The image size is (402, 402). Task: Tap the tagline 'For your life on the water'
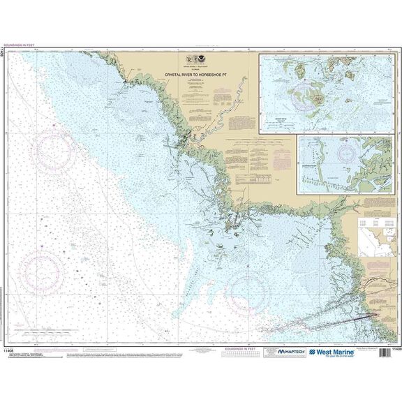click(x=343, y=358)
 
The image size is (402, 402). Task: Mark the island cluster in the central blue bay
click(x=234, y=225)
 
